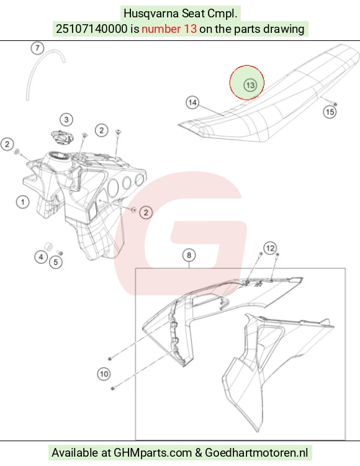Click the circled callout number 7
(37, 48)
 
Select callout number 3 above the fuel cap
(66, 120)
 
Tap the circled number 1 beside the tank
(22, 202)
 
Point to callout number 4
(41, 257)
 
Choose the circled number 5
(56, 262)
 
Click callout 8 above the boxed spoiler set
(189, 255)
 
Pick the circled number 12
(270, 248)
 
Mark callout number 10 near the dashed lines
(104, 374)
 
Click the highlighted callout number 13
(250, 85)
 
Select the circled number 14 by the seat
(192, 102)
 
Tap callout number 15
(330, 112)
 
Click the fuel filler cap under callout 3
(62, 137)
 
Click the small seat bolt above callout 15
(335, 104)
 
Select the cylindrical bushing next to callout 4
(48, 246)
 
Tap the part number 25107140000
(92, 29)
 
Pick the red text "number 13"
(169, 29)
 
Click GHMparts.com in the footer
(153, 452)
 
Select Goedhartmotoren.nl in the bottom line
(256, 452)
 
